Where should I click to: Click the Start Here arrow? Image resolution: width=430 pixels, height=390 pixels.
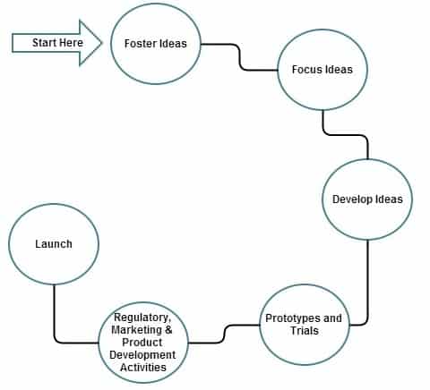point(56,43)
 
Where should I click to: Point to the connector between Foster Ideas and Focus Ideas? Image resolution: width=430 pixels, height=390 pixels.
point(239,57)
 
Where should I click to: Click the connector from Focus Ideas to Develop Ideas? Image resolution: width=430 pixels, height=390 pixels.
point(345,135)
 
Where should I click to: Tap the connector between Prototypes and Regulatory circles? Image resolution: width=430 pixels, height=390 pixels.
point(224,334)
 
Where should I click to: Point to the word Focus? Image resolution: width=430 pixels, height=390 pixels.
point(305,70)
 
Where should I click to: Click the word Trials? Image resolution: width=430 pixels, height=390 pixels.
point(305,331)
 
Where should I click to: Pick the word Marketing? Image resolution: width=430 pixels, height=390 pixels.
point(136,330)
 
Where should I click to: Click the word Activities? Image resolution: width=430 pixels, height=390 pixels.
point(143,367)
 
